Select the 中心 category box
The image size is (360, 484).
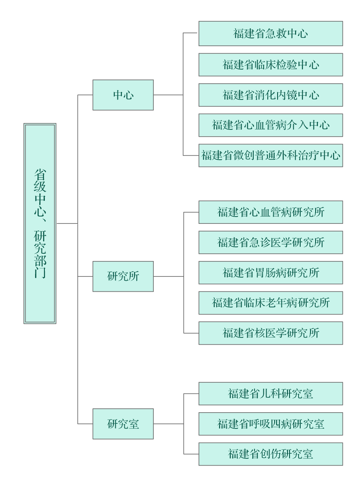(x=123, y=95)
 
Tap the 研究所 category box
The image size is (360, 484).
(x=123, y=276)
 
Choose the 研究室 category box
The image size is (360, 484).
(x=123, y=424)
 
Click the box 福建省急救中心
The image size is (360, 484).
(x=271, y=34)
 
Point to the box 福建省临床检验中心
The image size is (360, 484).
(x=271, y=65)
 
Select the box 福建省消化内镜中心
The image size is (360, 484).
(x=271, y=95)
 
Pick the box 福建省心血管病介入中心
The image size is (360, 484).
(x=271, y=125)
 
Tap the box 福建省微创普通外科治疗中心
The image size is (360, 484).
(x=271, y=155)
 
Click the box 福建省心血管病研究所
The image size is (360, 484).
(x=271, y=212)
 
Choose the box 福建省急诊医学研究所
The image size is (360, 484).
(x=271, y=242)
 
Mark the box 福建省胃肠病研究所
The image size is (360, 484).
(x=271, y=273)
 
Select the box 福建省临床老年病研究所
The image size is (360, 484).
(x=271, y=303)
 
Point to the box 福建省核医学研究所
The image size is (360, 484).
(x=271, y=333)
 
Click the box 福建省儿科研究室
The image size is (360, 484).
(x=271, y=393)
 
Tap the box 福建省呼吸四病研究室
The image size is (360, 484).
(x=271, y=424)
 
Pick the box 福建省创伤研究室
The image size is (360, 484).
(x=271, y=454)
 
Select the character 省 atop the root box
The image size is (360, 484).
(x=40, y=175)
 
